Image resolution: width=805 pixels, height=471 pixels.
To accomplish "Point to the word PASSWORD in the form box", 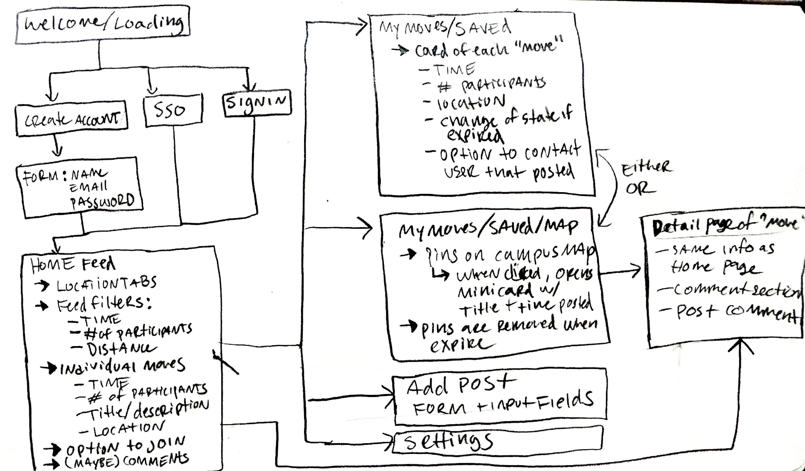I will point(102,201).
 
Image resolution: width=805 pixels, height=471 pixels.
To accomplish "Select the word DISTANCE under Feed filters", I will point(121,349).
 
